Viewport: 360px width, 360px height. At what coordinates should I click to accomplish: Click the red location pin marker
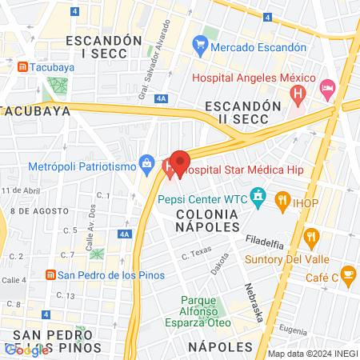coord(180,162)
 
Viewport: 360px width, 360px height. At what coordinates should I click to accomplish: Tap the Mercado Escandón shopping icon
coord(198,47)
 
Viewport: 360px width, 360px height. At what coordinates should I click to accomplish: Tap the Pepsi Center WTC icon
coord(258,195)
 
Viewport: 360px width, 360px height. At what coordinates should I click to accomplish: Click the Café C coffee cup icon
coord(347,275)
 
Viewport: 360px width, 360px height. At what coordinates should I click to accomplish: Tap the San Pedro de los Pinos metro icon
coord(50,275)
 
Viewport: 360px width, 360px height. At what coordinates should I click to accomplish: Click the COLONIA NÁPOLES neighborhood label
coord(206,222)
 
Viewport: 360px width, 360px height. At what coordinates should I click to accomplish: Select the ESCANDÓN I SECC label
coord(104,46)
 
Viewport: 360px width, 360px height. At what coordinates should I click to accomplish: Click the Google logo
coord(27,350)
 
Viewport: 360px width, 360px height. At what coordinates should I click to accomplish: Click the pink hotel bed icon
coord(326,88)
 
